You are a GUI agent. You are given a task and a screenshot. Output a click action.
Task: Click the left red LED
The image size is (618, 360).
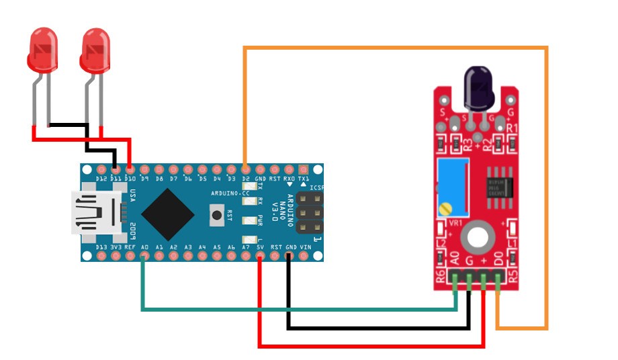(x=42, y=50)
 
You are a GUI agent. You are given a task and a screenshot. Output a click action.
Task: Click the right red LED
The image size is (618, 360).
(x=95, y=50)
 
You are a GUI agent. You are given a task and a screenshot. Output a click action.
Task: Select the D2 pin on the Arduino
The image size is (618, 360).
(x=246, y=169)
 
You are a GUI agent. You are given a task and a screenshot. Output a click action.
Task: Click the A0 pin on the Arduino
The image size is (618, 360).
(x=144, y=256)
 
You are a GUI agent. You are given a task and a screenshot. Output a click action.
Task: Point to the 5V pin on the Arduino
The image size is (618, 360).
(x=260, y=256)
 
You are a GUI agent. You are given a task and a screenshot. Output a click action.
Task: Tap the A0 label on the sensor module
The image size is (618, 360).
(x=454, y=259)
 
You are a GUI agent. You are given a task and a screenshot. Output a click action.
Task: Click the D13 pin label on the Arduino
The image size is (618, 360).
(x=101, y=247)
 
